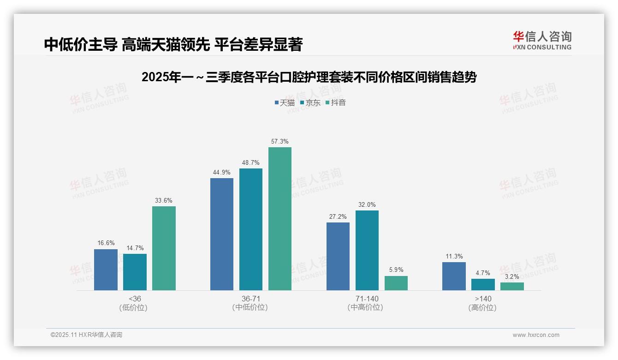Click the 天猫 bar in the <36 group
tap(106, 270)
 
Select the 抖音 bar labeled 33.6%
tap(164, 248)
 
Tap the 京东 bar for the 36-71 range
tap(251, 229)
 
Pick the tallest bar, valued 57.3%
tap(280, 219)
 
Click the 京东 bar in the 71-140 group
tap(367, 250)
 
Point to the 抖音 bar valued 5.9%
tap(396, 283)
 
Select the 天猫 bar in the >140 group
tap(454, 276)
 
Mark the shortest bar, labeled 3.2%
tap(512, 286)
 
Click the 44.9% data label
tap(222, 173)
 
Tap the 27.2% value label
tap(338, 217)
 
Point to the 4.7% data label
tap(483, 273)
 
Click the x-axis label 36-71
tap(250, 299)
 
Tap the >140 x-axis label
tap(483, 299)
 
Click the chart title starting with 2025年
tap(309, 77)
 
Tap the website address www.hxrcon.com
tap(536, 335)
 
